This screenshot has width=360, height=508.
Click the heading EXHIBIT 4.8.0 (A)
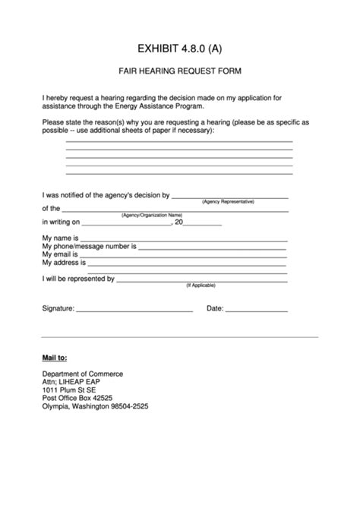coord(180,49)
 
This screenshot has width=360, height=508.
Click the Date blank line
coord(257,312)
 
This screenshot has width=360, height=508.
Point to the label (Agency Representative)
coord(228,202)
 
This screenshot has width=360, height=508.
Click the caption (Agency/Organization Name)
coord(152,216)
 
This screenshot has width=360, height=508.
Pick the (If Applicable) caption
coord(201,286)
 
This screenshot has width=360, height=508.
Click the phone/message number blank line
coord(212,249)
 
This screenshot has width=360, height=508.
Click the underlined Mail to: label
coord(54,357)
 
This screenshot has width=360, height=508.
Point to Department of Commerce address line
coord(82,374)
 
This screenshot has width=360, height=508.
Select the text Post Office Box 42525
coord(77,398)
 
